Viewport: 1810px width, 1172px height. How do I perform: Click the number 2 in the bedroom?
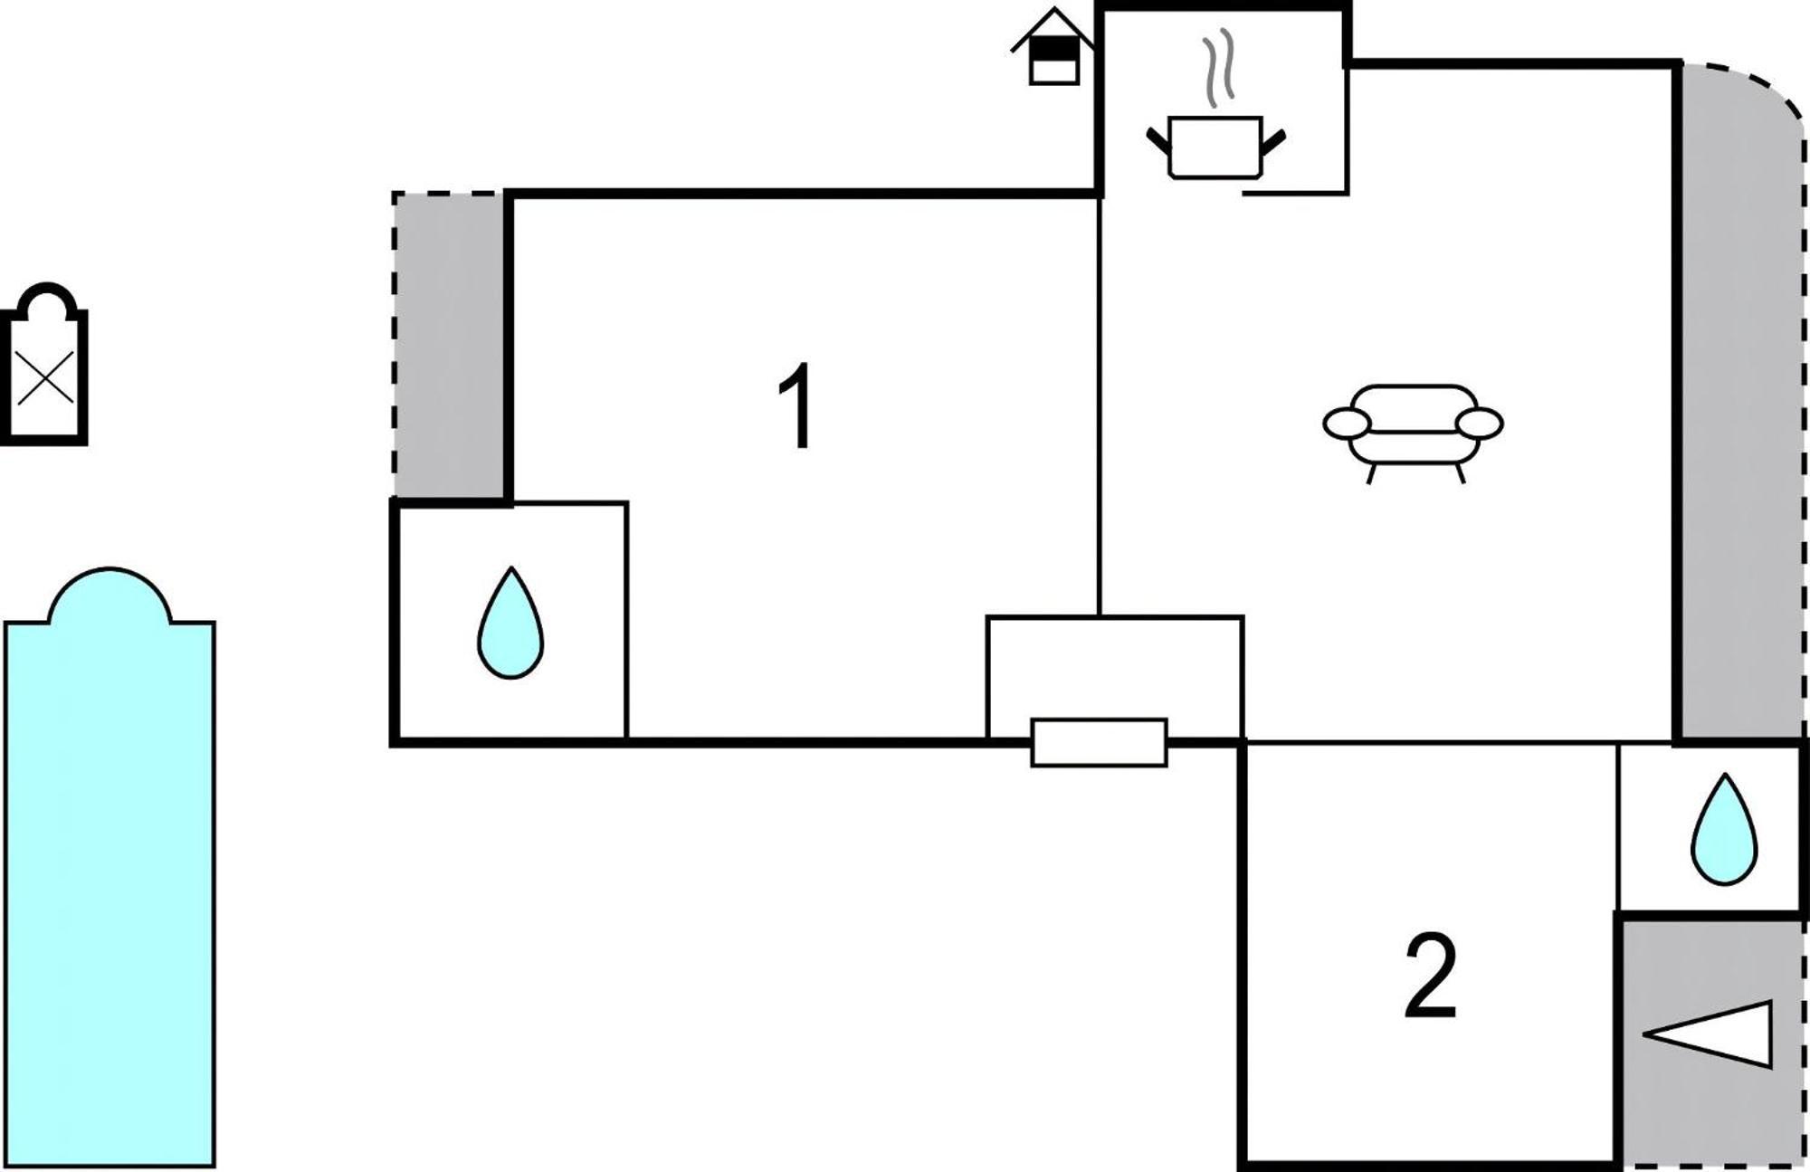1431,976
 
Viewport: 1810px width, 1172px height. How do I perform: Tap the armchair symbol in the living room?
1413,433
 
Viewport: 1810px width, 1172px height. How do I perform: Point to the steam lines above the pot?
1218,68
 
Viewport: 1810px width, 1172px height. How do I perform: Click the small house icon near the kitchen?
1053,47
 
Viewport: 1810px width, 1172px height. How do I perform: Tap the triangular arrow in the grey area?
1707,1034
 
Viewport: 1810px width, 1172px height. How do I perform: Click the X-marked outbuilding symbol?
44,364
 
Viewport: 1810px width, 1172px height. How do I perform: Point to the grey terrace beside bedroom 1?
449,345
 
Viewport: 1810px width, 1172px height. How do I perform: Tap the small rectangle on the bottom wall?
1100,743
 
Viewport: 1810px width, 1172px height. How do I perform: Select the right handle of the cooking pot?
1272,141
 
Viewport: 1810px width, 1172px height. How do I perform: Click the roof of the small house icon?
1053,27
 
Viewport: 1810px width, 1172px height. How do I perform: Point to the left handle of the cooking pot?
1158,141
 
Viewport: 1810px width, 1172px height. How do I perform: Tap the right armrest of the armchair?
1480,423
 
